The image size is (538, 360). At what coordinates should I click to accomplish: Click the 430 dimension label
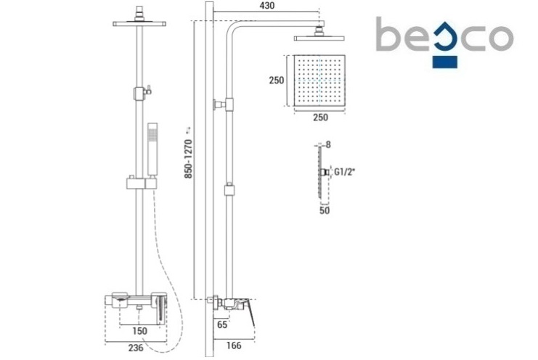point(267,6)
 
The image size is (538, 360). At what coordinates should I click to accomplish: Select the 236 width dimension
point(136,348)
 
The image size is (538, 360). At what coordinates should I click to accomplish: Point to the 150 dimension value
point(139,331)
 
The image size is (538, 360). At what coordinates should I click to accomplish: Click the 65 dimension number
point(222,324)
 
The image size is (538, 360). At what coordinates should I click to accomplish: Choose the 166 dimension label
point(234,345)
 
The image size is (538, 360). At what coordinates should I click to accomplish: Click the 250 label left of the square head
point(277,81)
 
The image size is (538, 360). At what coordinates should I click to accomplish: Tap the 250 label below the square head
point(320,118)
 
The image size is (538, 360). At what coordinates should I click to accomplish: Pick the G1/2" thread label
point(344,172)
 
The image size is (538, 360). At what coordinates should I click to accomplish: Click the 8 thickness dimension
point(328,144)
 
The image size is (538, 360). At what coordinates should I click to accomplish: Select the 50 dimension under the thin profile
point(325,210)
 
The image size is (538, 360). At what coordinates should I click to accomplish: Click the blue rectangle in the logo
point(444,62)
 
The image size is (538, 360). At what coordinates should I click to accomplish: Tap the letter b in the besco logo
point(388,34)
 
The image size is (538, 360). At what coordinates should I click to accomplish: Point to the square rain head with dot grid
point(319,81)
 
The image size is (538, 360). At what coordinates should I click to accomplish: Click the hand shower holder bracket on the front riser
point(142,182)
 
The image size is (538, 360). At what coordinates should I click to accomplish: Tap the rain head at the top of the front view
point(139,24)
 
